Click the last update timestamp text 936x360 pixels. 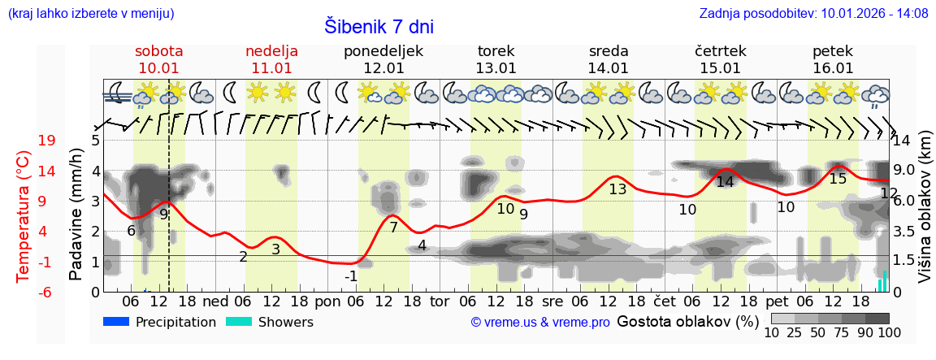click(x=813, y=13)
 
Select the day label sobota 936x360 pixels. click(x=159, y=50)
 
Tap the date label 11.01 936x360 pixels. click(x=271, y=68)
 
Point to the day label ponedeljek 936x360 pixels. click(x=383, y=50)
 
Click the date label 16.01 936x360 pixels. click(x=833, y=68)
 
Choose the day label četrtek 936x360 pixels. click(x=721, y=50)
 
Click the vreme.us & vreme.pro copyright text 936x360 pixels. click(x=540, y=323)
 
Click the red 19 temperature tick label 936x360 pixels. click(x=47, y=141)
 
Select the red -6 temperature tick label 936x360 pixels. click(x=47, y=292)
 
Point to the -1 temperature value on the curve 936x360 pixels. click(x=350, y=276)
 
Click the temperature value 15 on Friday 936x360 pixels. click(x=838, y=178)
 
